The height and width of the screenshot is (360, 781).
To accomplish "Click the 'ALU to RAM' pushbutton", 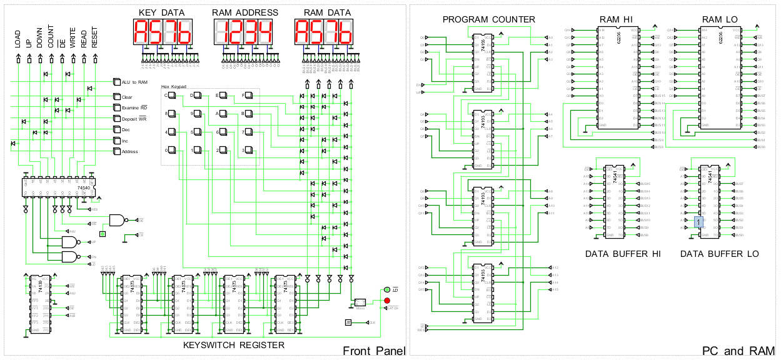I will point(116,82).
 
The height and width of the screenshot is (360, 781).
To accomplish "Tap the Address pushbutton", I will point(116,151).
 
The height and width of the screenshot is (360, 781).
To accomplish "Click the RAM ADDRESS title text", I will point(244,12).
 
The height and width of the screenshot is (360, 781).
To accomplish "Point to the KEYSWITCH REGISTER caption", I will point(233,345).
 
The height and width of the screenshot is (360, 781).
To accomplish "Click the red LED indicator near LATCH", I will point(387,301).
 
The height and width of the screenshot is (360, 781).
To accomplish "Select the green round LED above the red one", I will point(387,290).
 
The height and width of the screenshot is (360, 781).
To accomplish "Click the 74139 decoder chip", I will point(41,304).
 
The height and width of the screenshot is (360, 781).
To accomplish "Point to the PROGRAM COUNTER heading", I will point(488,19).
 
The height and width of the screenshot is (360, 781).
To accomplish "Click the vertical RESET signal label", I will point(94,39).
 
